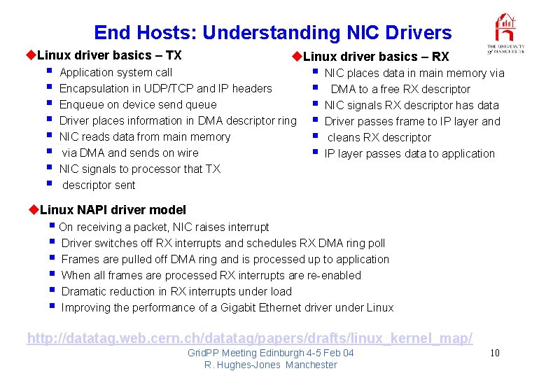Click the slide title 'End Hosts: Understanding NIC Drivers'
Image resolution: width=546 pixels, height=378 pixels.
tap(272, 33)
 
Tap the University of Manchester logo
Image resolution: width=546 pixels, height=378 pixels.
tap(505, 34)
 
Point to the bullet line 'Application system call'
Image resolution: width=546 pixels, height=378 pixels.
tap(116, 72)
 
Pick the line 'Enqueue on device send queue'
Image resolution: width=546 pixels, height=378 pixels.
tap(138, 104)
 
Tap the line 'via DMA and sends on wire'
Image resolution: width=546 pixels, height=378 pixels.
tap(130, 153)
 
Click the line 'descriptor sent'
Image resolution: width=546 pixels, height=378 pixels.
tap(99, 185)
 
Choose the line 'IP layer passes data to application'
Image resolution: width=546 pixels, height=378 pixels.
tap(409, 153)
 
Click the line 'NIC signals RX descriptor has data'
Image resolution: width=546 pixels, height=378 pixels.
tap(412, 105)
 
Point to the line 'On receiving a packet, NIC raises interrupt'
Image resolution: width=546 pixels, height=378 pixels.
tap(164, 227)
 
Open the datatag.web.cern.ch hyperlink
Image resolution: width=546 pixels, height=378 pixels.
tap(250, 338)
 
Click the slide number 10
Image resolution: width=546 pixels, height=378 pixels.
tap(494, 353)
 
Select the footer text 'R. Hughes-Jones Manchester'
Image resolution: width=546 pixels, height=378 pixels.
tap(270, 365)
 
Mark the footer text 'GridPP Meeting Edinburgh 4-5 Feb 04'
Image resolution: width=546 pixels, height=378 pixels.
tap(270, 353)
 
